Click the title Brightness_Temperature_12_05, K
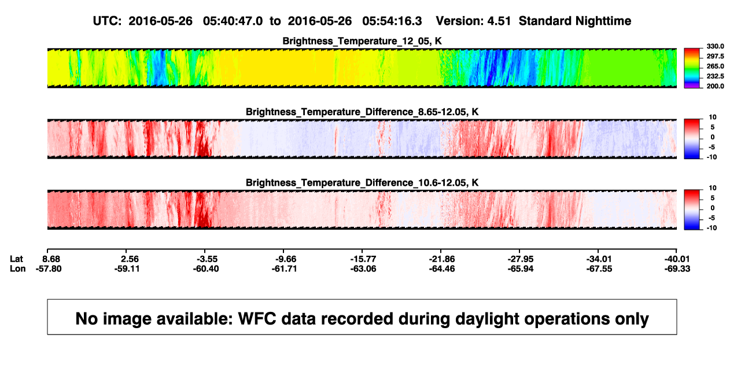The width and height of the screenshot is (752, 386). (362, 41)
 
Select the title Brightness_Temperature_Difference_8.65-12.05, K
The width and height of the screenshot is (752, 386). (362, 112)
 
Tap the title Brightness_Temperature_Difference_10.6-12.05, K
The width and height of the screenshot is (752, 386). (362, 183)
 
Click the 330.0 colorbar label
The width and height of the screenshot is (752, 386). (715, 46)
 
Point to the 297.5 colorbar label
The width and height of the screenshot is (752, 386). (715, 56)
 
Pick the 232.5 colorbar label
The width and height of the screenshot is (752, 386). (715, 76)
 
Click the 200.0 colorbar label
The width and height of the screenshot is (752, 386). (715, 86)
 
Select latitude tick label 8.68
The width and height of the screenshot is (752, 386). (51, 259)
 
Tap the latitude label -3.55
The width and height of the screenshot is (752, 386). (206, 259)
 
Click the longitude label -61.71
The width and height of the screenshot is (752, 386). (284, 269)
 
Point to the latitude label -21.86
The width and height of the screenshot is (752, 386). (442, 259)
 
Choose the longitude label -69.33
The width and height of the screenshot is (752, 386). (677, 269)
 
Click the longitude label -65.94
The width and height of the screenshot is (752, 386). (521, 269)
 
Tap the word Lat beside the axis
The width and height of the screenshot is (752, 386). (16, 259)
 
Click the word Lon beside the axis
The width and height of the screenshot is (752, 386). (17, 269)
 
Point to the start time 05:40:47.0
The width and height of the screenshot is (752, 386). (233, 21)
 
